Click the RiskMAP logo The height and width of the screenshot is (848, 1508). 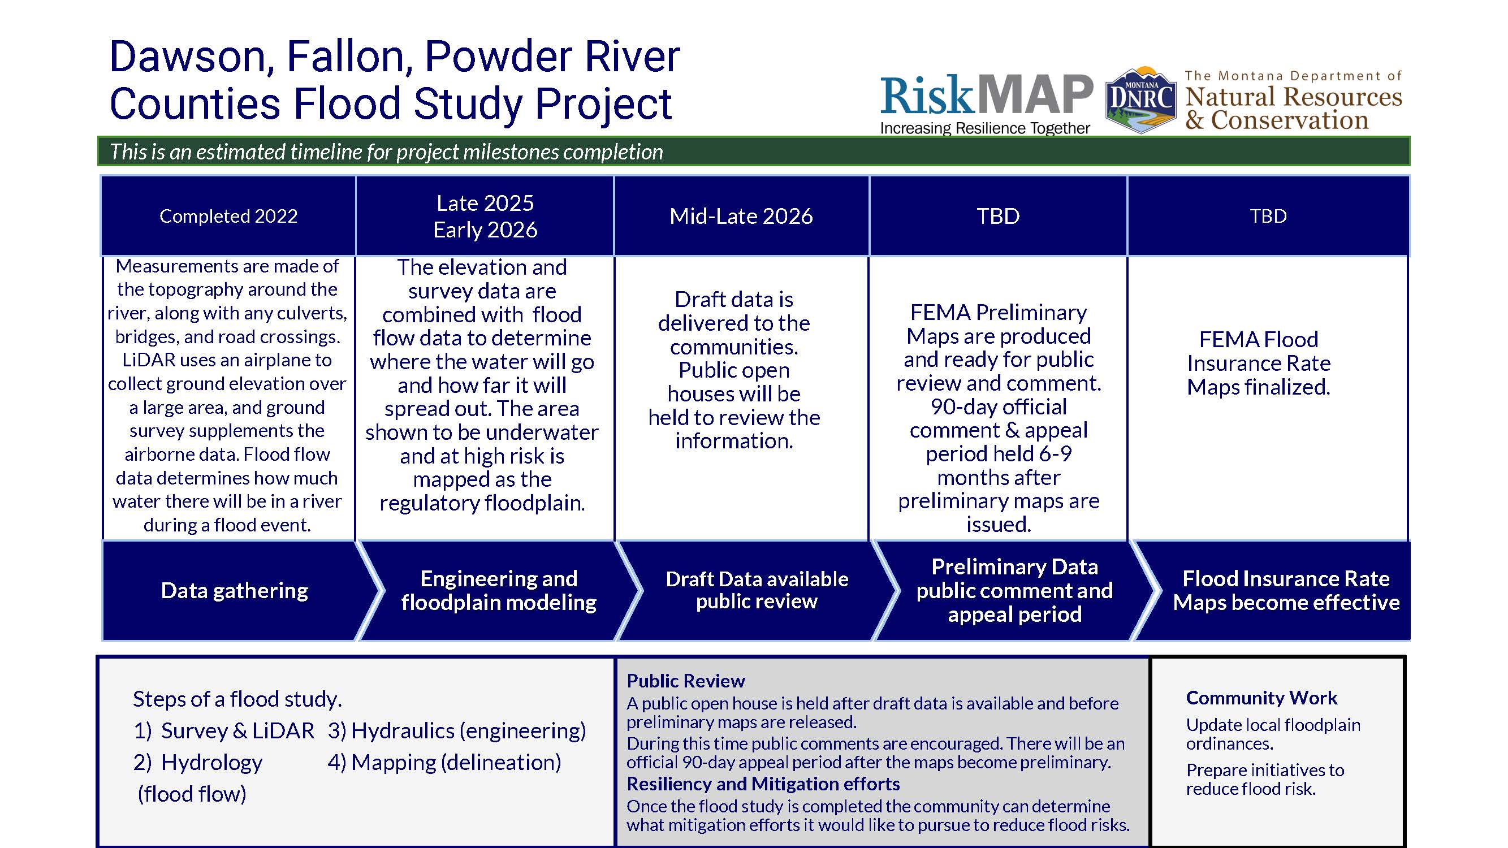point(987,95)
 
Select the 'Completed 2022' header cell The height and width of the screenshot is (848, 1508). point(228,216)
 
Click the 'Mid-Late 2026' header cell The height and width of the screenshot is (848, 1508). point(741,216)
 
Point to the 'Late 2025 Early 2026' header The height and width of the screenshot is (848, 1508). point(485,216)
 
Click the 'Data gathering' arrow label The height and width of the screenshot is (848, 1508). point(234,591)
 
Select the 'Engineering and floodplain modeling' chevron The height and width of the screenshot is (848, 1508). point(498,591)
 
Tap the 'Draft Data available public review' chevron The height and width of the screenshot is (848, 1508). point(757,591)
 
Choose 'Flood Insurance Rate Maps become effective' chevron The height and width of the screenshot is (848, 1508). point(1286,591)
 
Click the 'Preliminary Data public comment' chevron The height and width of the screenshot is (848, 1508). point(1014,591)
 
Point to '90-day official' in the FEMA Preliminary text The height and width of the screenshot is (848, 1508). point(999,406)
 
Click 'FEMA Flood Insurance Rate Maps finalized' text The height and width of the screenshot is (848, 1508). point(1259,364)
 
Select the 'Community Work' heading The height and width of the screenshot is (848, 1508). point(1261,698)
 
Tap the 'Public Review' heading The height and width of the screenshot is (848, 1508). point(685,681)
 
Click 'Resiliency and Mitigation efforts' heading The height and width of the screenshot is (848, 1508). point(763,784)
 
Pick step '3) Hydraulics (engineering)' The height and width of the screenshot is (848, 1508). point(457,730)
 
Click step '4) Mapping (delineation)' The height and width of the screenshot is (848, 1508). point(444,762)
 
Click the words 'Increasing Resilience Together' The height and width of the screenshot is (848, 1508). point(985,128)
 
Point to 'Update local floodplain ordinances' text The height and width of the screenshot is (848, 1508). point(1273,734)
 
